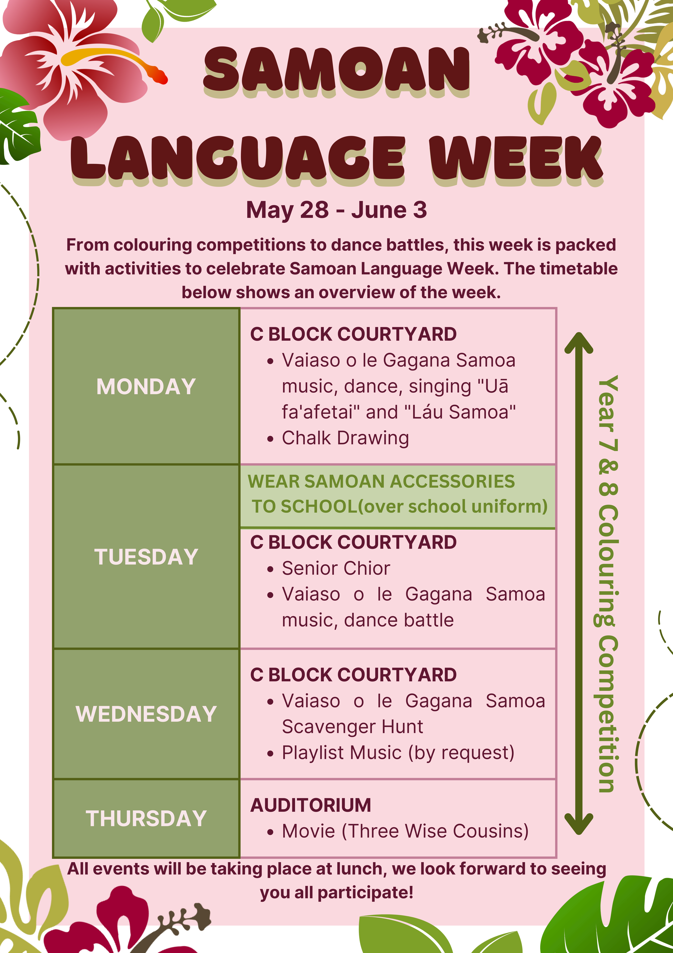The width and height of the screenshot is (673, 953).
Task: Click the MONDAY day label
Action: pos(146,386)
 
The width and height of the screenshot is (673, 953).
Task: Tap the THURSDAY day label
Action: pos(146,818)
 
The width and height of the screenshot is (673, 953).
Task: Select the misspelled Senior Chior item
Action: pos(336,568)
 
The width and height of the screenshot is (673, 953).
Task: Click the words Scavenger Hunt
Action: pos(352,727)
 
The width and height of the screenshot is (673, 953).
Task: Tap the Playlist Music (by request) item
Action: pos(398,753)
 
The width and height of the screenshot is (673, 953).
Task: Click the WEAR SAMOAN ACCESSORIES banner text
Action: pos(381,482)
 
